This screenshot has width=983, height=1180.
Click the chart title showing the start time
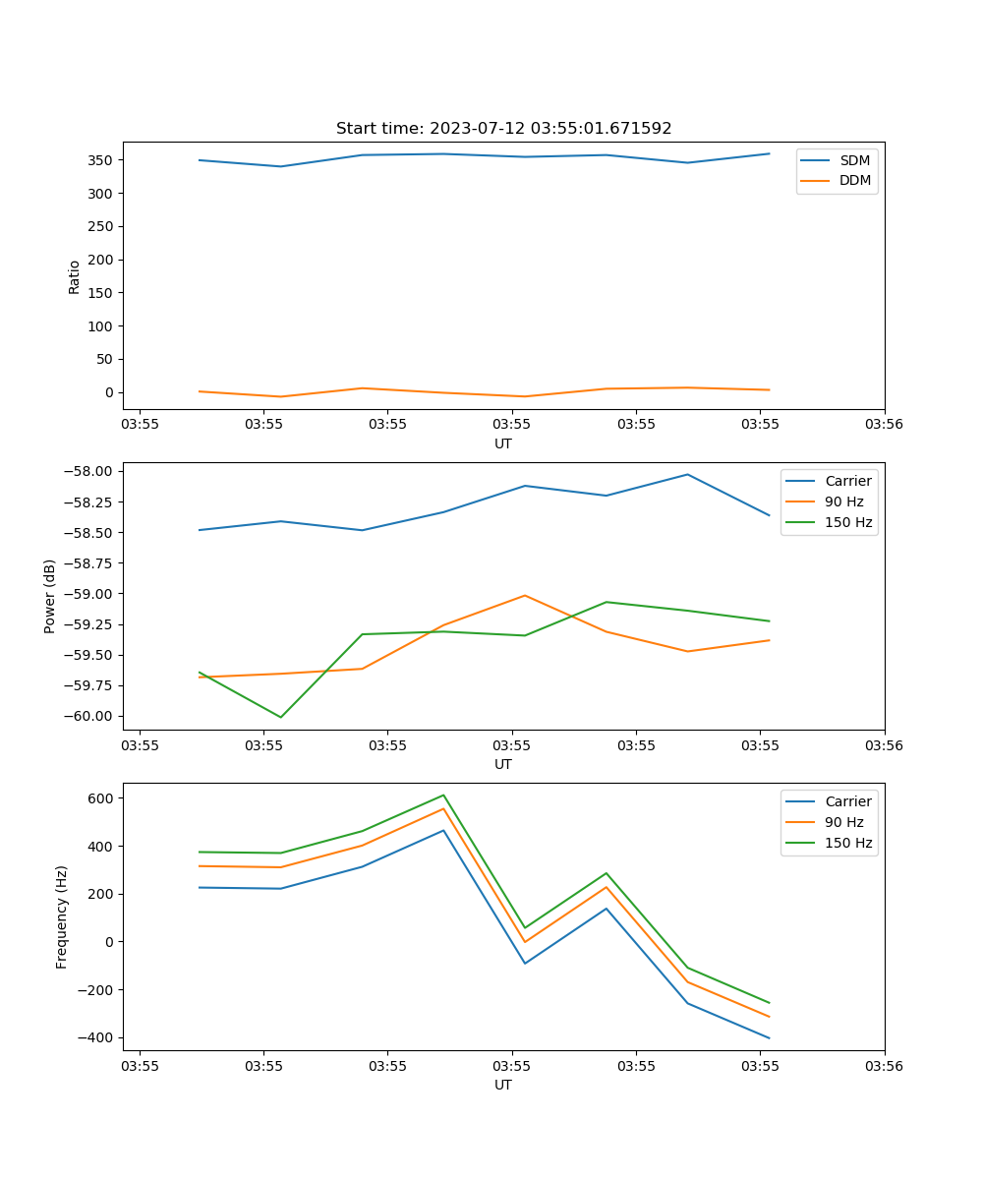[503, 129]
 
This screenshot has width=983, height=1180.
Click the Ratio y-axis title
[75, 276]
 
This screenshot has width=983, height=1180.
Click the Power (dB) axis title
[50, 596]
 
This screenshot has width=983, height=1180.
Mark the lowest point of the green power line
[281, 717]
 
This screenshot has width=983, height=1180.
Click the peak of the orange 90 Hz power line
[525, 595]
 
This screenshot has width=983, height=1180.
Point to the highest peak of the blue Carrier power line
[687, 474]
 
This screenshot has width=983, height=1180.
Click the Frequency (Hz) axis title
[62, 916]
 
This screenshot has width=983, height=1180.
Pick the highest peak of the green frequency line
[443, 795]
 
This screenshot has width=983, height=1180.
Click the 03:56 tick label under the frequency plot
[884, 1065]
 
